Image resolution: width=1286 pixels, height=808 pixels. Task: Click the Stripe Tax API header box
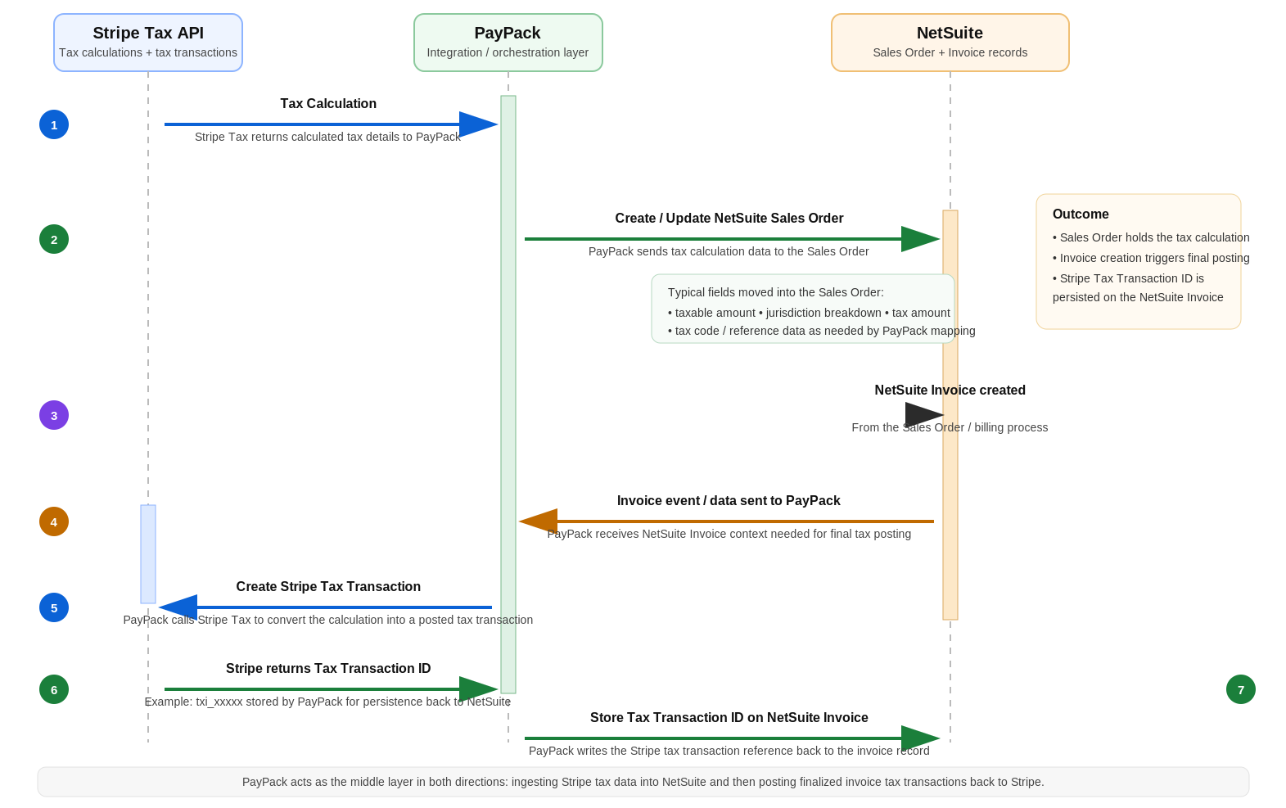click(148, 43)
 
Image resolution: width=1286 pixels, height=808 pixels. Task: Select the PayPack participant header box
click(508, 43)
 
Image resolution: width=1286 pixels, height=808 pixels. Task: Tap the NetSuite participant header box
click(950, 43)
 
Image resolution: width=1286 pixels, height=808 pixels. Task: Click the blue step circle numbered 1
click(54, 124)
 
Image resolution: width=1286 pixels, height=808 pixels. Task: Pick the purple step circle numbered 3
click(54, 415)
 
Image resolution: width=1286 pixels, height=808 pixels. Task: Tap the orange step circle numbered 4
click(54, 521)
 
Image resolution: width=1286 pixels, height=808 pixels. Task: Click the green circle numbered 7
click(1240, 689)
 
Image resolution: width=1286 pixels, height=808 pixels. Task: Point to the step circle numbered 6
click(54, 689)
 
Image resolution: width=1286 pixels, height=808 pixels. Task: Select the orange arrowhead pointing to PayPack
click(539, 521)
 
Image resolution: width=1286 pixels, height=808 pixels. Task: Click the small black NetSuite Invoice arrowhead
click(923, 415)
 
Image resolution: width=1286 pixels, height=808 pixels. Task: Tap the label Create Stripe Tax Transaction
click(328, 586)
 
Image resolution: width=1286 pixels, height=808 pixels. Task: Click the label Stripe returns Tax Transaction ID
click(328, 668)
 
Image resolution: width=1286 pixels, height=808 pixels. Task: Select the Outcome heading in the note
click(1081, 214)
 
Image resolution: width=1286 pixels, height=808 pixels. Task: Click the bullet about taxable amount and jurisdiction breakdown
click(809, 313)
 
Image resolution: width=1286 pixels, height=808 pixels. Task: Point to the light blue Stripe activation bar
click(148, 554)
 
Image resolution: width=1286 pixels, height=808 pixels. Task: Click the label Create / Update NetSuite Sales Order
click(729, 218)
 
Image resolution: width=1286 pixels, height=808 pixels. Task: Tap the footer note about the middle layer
click(643, 782)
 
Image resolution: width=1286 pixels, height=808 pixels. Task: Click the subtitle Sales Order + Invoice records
click(950, 52)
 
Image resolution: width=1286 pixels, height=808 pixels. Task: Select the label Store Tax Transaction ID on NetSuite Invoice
click(729, 717)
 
